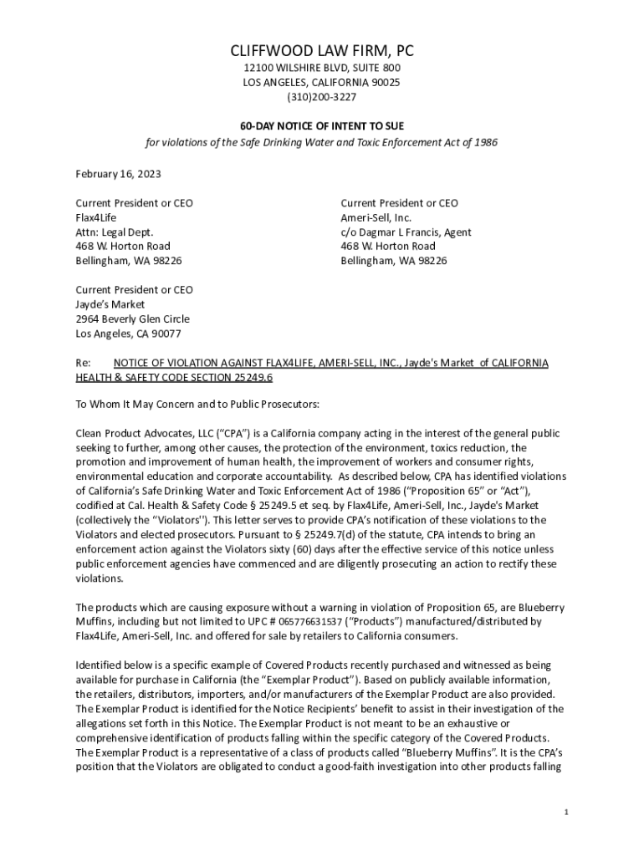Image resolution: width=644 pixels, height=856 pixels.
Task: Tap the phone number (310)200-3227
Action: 322,97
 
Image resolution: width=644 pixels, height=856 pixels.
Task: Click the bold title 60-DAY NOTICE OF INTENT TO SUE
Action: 322,125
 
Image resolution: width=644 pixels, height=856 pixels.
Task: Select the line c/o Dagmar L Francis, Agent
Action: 406,232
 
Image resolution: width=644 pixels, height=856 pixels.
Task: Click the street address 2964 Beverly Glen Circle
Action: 132,318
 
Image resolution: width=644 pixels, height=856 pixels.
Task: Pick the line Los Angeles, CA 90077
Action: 128,334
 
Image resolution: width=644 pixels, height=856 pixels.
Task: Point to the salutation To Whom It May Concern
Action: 135,405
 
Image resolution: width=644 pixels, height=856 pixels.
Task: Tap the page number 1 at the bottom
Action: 566,812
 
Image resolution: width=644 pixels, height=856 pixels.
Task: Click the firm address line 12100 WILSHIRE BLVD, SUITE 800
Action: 322,68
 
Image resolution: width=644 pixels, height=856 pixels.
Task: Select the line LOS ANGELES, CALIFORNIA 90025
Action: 322,82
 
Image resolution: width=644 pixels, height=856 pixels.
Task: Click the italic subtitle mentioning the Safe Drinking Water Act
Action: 322,142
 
